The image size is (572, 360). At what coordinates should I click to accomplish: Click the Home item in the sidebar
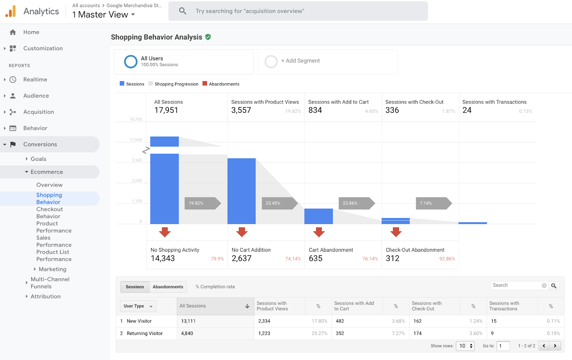point(31,32)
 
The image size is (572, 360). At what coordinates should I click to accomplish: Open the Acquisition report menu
point(38,112)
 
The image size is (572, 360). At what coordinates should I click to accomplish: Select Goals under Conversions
point(38,159)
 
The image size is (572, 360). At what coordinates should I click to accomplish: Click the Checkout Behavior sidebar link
point(49,213)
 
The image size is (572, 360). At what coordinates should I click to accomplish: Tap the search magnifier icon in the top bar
point(183,11)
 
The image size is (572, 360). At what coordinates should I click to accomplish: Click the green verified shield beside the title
point(208,37)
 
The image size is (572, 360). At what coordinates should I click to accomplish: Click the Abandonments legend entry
point(224,84)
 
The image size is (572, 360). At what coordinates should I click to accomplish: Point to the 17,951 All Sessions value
point(166,110)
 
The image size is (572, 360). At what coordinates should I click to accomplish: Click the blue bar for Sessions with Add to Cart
point(318,216)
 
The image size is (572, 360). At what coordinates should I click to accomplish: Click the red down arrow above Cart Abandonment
point(319,232)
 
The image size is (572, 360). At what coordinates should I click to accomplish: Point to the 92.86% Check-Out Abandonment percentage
point(447,259)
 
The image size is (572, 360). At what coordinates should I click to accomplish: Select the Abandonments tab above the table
point(168,287)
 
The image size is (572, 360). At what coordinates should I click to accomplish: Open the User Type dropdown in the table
point(138,306)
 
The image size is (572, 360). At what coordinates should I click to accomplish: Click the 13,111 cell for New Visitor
point(188,321)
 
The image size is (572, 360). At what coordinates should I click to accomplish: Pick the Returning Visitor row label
point(144,334)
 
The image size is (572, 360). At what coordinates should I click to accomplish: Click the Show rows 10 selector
point(465,346)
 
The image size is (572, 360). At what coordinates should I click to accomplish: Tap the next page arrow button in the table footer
point(555,346)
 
